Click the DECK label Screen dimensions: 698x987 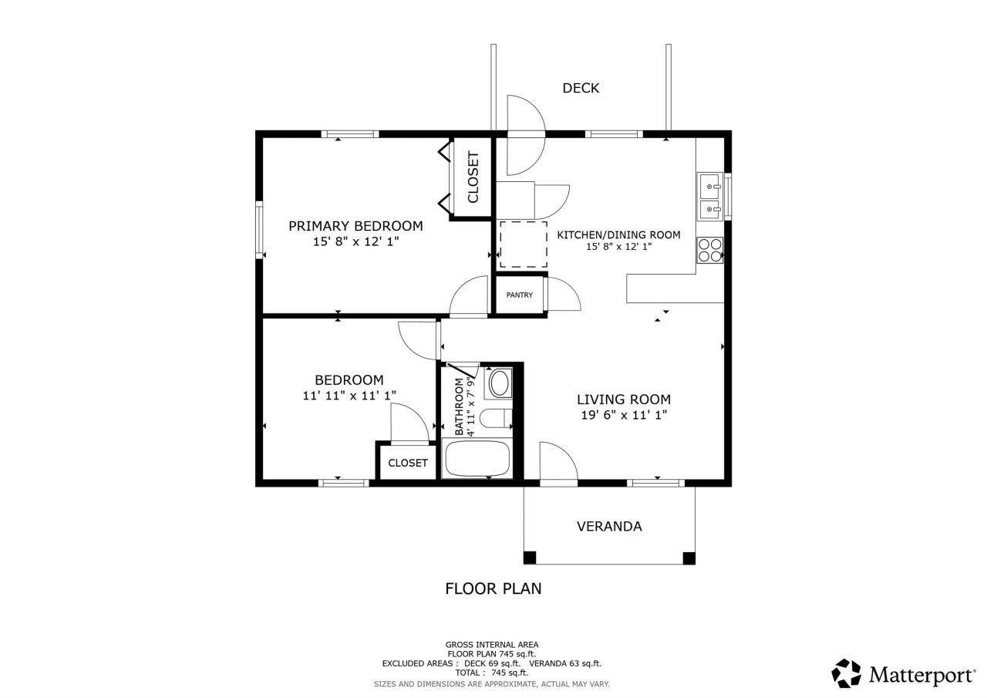tap(580, 88)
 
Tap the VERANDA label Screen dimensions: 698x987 tap(609, 527)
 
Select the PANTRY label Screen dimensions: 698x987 tap(519, 295)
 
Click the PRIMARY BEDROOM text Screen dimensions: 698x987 tap(355, 226)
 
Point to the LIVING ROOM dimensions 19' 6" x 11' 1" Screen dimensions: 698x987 tap(624, 415)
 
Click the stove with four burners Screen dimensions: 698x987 tap(709, 249)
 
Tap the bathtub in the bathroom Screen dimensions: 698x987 tap(477, 459)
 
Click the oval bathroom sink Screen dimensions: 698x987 tap(500, 383)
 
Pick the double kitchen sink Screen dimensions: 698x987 tap(709, 197)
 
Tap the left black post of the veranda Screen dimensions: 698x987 tap(530, 558)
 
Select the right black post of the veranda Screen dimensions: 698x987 tap(689, 558)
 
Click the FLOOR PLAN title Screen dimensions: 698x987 tap(493, 588)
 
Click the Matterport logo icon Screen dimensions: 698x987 tap(846, 673)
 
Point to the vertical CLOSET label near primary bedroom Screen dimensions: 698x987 tap(473, 177)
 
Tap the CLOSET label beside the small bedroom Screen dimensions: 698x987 tap(407, 463)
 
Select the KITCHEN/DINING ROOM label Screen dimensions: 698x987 tap(618, 234)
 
